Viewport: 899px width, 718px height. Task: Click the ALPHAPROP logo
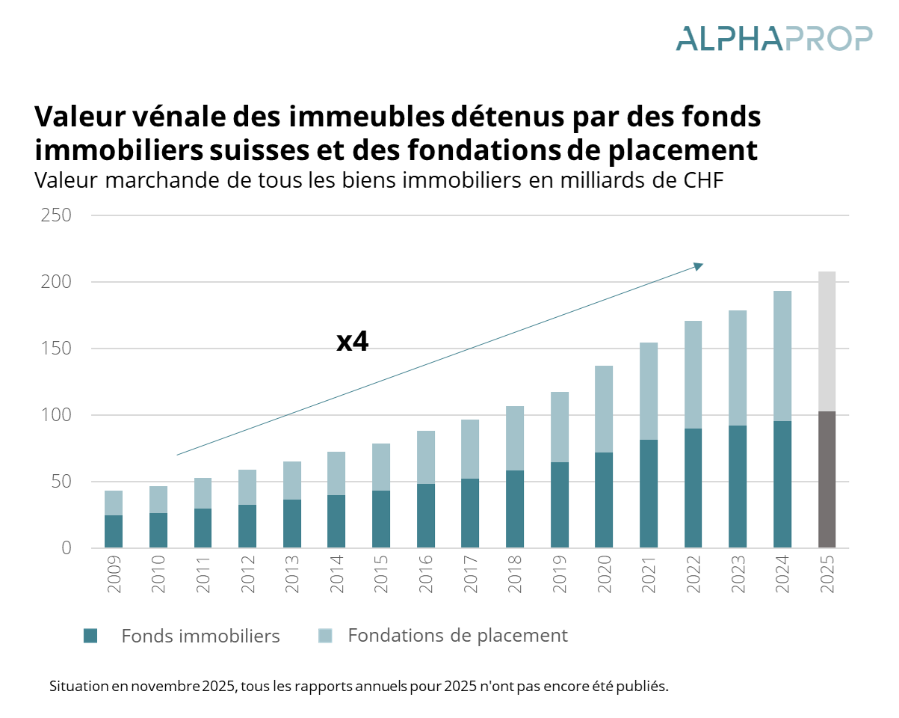tap(773, 38)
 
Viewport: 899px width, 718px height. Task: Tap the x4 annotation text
tap(353, 342)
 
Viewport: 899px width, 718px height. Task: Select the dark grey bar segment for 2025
tap(827, 479)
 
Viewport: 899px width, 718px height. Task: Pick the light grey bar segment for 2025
tap(827, 341)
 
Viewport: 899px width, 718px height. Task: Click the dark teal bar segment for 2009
tap(114, 531)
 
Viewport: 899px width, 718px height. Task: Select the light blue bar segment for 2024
tap(782, 356)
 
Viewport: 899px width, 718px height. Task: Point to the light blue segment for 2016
tap(425, 457)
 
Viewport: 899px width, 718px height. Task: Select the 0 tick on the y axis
tap(66, 548)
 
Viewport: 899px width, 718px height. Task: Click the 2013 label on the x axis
tap(292, 574)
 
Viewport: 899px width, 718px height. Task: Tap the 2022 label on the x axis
tap(693, 574)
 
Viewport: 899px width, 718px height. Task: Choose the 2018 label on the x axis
tap(515, 574)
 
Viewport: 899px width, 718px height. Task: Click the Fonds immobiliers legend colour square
tap(90, 636)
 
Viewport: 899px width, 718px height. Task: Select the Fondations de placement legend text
tap(457, 636)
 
